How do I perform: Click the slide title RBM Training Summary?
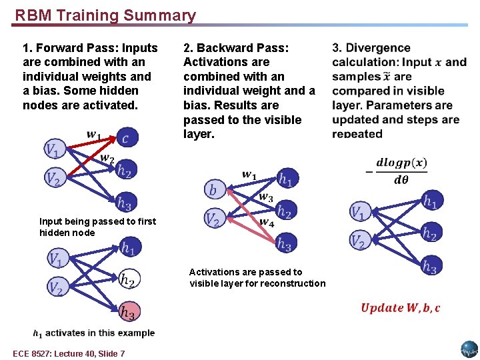click(x=105, y=15)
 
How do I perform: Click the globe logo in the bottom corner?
click(x=469, y=349)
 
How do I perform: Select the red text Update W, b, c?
click(x=400, y=307)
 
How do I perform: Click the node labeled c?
click(x=126, y=138)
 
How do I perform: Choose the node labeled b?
click(x=213, y=190)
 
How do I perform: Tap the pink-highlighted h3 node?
click(x=128, y=311)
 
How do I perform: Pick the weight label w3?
click(x=265, y=197)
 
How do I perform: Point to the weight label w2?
click(x=107, y=159)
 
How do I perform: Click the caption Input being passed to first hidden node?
click(x=97, y=227)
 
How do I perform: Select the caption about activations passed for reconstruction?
click(x=257, y=277)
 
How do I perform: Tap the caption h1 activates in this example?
click(x=93, y=333)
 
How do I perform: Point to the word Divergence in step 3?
click(x=378, y=48)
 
